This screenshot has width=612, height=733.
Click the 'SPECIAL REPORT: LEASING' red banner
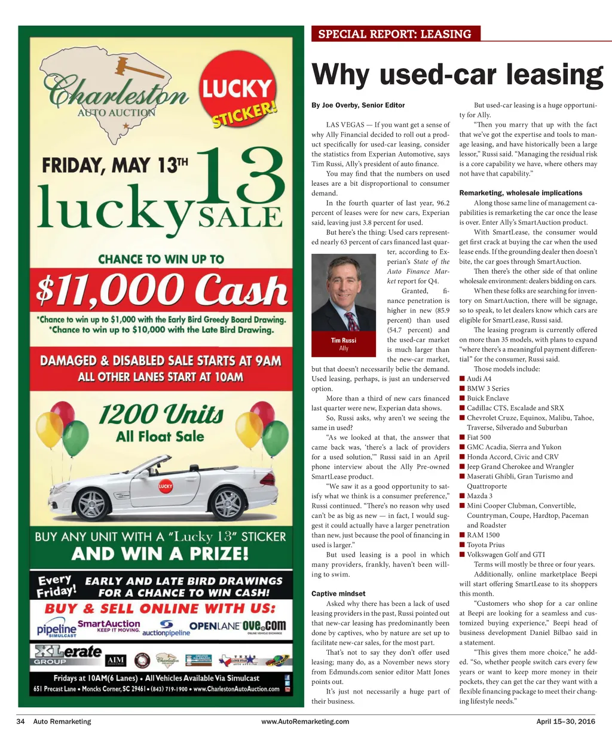[395, 33]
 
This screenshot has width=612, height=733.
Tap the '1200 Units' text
[160, 413]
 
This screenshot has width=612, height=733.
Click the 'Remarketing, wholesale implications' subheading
[512, 193]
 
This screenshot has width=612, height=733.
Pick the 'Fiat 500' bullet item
[479, 437]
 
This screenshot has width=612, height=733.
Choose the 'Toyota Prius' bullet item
[485, 545]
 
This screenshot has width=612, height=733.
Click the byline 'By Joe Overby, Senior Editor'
[358, 105]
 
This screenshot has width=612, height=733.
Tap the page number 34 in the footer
[20, 721]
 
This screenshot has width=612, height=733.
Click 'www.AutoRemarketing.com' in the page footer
[305, 721]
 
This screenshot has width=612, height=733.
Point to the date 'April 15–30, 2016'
[565, 721]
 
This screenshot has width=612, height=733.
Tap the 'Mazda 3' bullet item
[479, 496]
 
